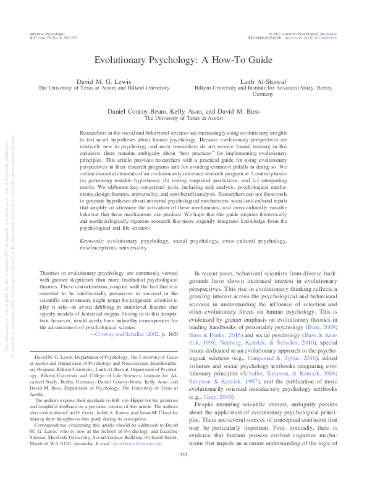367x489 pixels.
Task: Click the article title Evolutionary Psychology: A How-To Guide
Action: point(183,61)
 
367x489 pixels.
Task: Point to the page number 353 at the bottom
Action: point(183,472)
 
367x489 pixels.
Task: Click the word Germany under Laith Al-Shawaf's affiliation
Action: point(263,96)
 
